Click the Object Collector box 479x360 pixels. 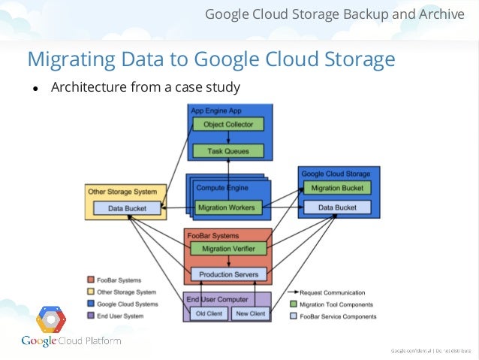pos(228,124)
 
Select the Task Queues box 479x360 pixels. pos(228,151)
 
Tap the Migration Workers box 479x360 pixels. pos(225,207)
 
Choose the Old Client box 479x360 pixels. pos(209,313)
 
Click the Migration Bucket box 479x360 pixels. pos(336,187)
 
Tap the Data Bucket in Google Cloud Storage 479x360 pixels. pos(336,206)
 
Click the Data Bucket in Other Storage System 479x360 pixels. pos(125,207)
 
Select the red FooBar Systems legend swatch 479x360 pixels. pos(92,280)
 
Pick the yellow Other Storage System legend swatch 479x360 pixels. pos(92,292)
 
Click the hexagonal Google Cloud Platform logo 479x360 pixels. pos(51,319)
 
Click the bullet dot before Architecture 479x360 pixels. pos(35,89)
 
